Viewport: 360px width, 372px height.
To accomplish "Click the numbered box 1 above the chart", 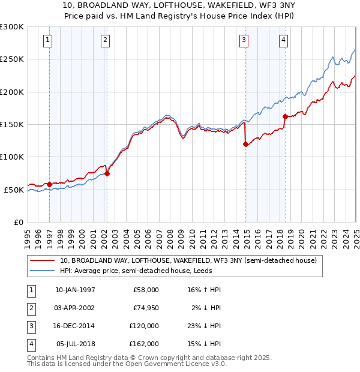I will point(47,40).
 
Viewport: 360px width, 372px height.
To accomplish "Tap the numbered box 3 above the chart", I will point(244,40).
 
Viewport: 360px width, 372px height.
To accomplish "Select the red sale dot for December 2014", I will point(246,144).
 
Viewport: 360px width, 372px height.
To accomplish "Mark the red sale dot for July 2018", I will point(285,116).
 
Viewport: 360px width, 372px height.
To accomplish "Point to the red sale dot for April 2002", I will point(107,173).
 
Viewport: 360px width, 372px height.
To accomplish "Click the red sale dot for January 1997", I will point(49,184).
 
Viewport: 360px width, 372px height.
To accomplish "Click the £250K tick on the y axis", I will point(12,59).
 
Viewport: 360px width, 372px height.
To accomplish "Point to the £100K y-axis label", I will point(12,157).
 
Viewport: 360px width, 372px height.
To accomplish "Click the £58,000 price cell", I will point(146,290).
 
